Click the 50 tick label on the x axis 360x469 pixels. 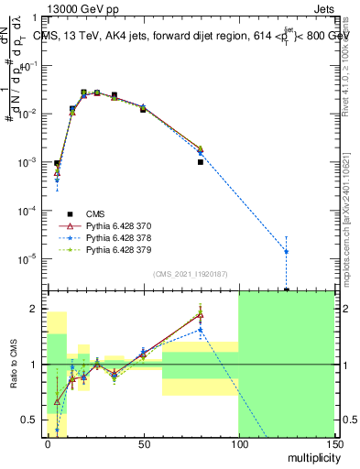click(x=143, y=443)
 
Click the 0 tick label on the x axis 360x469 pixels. click(x=48, y=443)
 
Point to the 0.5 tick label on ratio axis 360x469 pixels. click(x=33, y=420)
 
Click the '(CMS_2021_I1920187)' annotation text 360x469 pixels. click(x=190, y=274)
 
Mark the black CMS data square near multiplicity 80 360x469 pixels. click(x=200, y=162)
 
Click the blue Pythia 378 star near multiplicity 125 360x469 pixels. click(x=287, y=251)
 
